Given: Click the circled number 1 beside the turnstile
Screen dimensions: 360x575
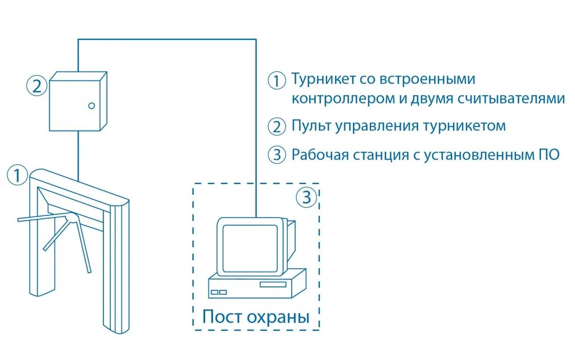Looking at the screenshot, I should click(x=17, y=174).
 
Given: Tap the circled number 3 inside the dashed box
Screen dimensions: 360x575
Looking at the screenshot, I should click(x=306, y=197).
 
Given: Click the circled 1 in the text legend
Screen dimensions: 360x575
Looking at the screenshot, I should click(x=277, y=80).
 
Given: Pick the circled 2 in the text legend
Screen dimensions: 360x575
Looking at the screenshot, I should click(x=277, y=127).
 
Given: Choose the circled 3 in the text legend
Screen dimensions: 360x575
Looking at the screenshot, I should click(x=277, y=155).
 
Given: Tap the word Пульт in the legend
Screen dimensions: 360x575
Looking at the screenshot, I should click(x=311, y=125).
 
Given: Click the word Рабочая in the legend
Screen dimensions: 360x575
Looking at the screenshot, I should click(x=320, y=155).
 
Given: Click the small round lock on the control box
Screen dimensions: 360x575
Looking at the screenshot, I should click(x=92, y=105).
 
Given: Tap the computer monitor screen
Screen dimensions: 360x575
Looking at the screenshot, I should click(x=250, y=245).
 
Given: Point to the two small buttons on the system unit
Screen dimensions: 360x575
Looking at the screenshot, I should click(x=219, y=292).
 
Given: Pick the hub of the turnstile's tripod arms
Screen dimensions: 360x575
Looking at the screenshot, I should click(x=70, y=218).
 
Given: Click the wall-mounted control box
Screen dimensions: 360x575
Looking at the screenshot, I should click(x=78, y=101).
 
